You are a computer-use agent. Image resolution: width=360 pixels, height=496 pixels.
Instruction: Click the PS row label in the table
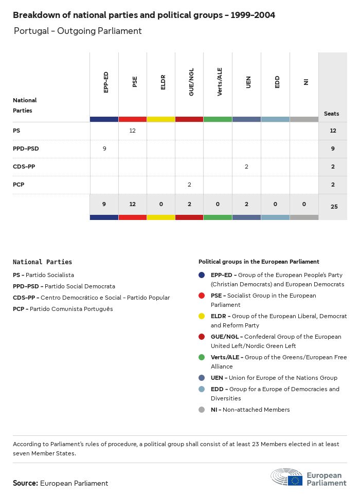(16, 131)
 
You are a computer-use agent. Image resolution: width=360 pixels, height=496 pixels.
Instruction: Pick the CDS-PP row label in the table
(24, 167)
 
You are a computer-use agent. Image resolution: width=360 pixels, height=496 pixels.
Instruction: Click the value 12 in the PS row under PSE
(132, 131)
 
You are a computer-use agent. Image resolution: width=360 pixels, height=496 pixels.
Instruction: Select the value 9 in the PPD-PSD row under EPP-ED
(104, 149)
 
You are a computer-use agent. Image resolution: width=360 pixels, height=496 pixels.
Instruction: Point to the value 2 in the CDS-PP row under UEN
(246, 167)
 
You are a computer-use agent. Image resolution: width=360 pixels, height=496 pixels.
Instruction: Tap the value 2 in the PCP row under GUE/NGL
(189, 185)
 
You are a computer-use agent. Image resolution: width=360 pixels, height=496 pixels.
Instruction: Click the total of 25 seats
(333, 207)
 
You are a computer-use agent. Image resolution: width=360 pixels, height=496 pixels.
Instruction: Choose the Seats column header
(331, 114)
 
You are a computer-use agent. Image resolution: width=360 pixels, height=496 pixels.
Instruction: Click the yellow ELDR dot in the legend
(202, 316)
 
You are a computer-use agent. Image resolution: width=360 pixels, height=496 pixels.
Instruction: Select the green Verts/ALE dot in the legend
(202, 357)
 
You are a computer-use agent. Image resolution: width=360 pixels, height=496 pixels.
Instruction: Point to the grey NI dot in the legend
(202, 410)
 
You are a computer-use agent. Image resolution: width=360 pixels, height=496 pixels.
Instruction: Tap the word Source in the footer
(25, 483)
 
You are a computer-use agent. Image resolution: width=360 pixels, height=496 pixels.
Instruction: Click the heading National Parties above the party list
(42, 262)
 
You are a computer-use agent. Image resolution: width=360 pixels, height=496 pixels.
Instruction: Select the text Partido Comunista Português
(71, 309)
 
